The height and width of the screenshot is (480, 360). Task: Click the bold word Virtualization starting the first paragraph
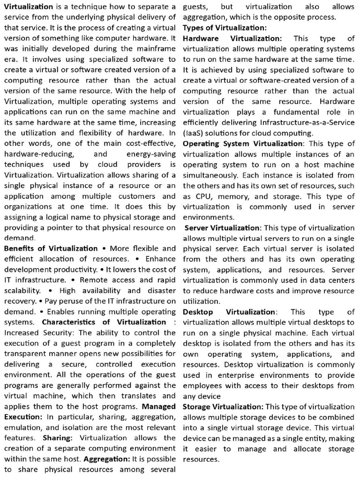pyautogui.click(x=29, y=7)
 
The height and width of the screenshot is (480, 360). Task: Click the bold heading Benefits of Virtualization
pyautogui.click(x=51, y=248)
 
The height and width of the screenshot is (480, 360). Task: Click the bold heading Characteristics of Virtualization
pyautogui.click(x=104, y=322)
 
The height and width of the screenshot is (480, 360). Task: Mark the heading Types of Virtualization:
pyautogui.click(x=225, y=28)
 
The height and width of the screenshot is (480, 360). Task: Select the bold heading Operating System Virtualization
pyautogui.click(x=243, y=143)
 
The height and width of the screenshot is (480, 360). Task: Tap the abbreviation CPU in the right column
pyautogui.click(x=200, y=196)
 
